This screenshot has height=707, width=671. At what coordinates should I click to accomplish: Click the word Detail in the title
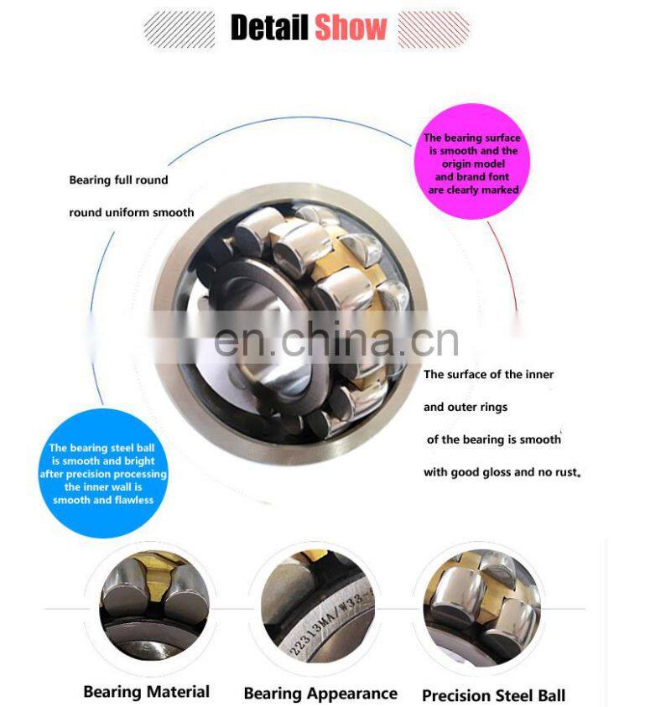click(269, 27)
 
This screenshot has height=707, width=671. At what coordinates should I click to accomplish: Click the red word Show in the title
click(351, 27)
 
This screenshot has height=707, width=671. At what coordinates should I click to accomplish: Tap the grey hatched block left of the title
click(179, 29)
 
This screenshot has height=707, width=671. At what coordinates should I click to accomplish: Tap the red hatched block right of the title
click(433, 29)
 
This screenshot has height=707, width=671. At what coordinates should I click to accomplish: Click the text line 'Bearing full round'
click(118, 180)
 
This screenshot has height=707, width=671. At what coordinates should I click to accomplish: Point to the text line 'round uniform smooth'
click(131, 213)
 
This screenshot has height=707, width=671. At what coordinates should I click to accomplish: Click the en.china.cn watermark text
click(335, 340)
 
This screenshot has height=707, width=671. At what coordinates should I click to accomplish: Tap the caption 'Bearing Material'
click(146, 692)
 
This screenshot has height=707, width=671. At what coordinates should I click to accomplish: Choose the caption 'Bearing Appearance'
click(320, 694)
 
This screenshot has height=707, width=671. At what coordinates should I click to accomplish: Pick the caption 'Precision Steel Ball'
click(493, 695)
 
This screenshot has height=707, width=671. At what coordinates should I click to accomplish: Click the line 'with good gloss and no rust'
click(502, 472)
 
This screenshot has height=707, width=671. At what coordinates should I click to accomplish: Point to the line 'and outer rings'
click(466, 408)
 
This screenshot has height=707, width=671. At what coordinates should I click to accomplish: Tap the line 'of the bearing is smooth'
click(493, 439)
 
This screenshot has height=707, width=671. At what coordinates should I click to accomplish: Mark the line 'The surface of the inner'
click(488, 375)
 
